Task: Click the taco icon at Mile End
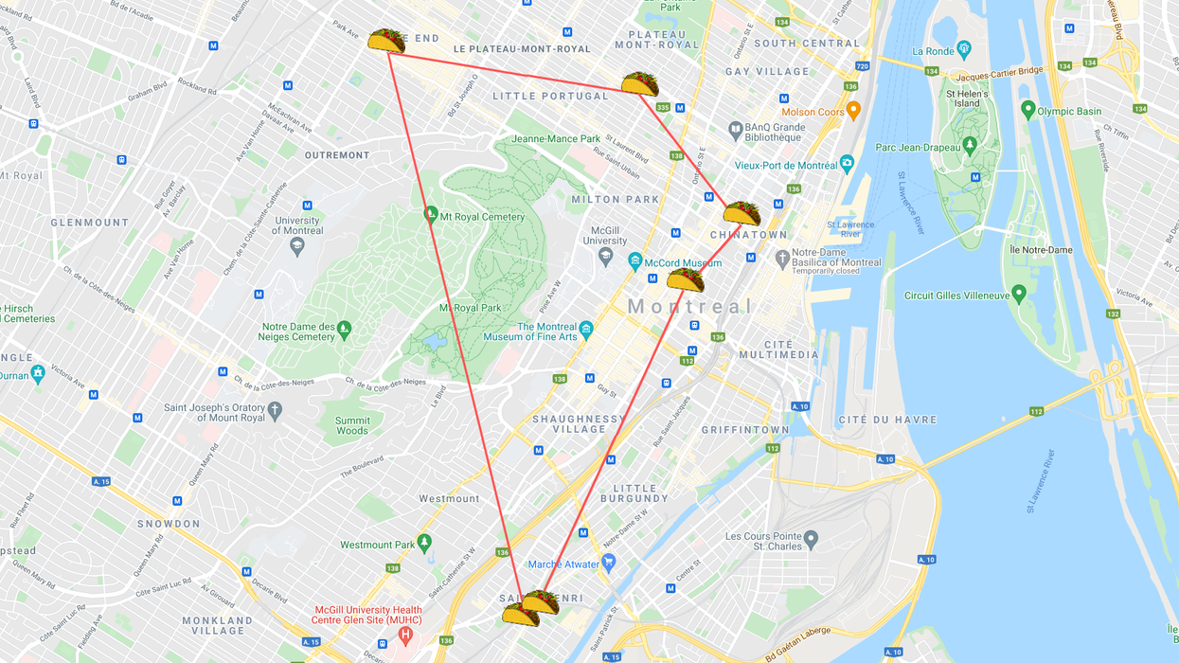[386, 41]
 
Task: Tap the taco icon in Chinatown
[741, 213]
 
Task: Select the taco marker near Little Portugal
[640, 83]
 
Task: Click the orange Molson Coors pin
[853, 111]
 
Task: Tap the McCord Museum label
[683, 263]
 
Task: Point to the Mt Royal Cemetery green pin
[431, 215]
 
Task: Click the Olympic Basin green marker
[1028, 110]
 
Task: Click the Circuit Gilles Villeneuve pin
[1019, 294]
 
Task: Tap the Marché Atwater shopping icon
[609, 563]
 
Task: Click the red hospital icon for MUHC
[405, 634]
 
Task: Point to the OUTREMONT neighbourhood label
[337, 155]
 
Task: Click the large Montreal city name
[689, 307]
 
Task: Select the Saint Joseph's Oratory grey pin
[275, 410]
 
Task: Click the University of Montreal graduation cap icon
[297, 246]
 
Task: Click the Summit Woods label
[352, 425]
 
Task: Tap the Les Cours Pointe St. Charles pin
[811, 541]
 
